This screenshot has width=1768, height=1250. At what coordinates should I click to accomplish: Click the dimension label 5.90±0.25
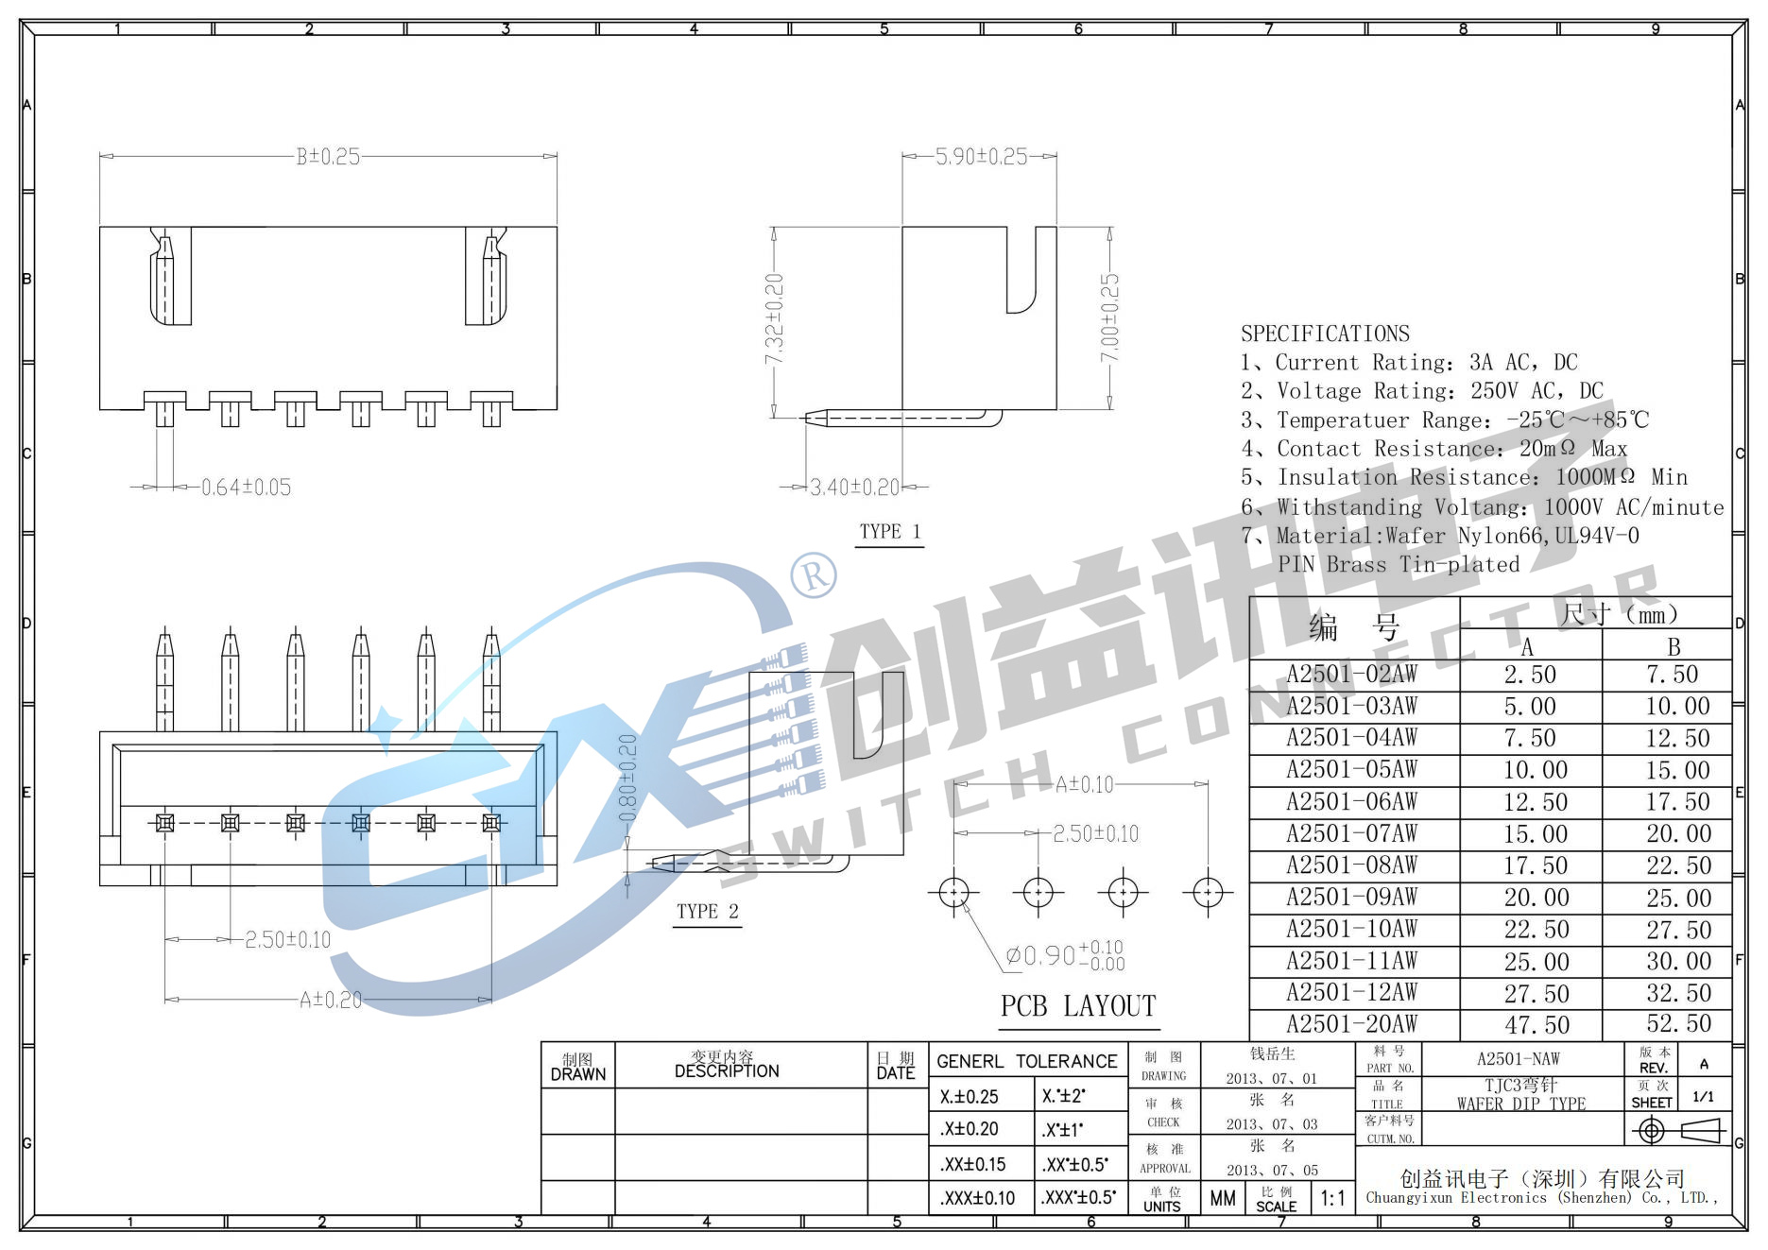(x=980, y=157)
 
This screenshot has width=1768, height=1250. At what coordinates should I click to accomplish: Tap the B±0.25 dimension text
(x=328, y=157)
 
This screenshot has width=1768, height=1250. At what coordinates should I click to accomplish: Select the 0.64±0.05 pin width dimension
(x=246, y=488)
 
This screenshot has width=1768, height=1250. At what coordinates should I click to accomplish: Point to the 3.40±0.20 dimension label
(x=855, y=488)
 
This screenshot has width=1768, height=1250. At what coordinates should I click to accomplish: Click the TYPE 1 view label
(x=889, y=532)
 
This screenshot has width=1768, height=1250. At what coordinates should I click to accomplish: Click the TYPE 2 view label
(x=707, y=912)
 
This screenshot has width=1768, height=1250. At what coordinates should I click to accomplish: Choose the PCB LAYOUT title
(x=1078, y=1006)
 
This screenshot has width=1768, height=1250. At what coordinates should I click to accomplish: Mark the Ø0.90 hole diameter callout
(x=1063, y=955)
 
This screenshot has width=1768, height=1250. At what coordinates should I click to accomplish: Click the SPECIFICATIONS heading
(x=1325, y=334)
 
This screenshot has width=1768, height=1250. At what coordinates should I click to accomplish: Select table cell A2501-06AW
(x=1352, y=802)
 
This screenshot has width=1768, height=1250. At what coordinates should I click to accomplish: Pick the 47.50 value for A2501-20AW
(x=1536, y=1025)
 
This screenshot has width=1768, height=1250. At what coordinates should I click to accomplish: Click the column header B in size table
(x=1674, y=647)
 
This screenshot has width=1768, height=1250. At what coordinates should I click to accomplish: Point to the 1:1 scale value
(x=1332, y=1199)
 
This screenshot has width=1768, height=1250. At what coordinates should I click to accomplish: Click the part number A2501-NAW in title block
(x=1519, y=1059)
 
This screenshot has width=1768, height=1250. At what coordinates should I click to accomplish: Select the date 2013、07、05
(x=1272, y=1171)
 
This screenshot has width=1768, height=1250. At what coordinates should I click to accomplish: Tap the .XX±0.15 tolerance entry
(x=972, y=1165)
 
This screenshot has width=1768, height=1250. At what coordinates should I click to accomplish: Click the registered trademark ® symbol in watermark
(x=814, y=574)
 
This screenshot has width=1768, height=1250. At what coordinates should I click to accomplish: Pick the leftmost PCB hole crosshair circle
(x=953, y=892)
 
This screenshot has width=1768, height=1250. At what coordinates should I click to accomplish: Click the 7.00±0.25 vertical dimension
(x=1109, y=317)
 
